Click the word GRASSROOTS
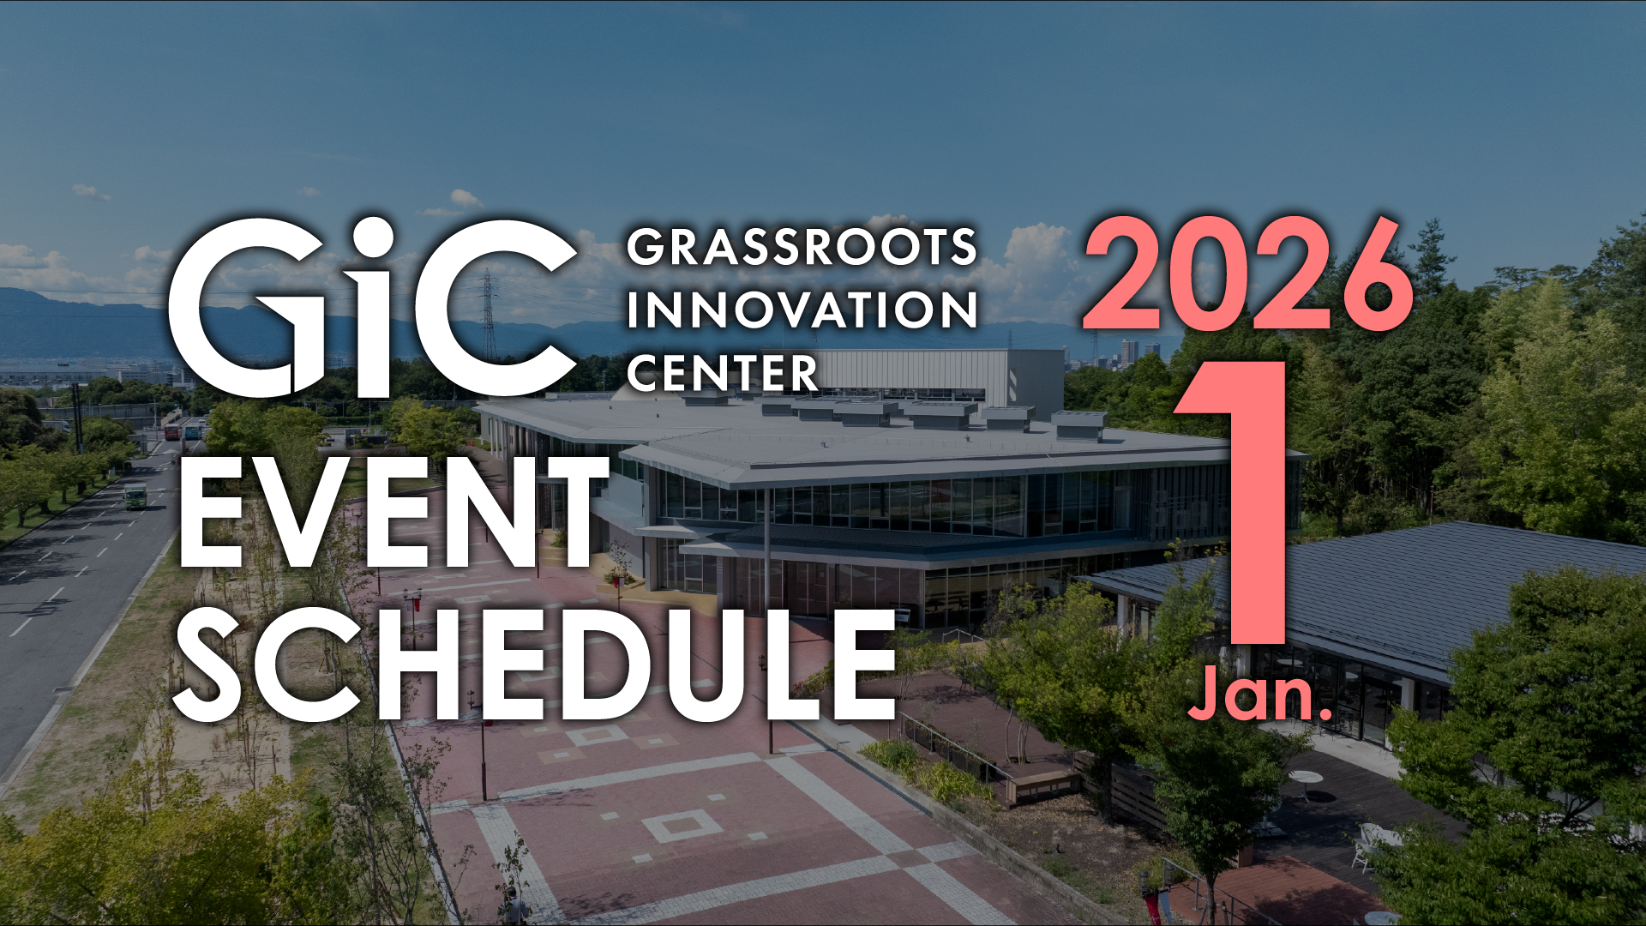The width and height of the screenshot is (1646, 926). (802, 247)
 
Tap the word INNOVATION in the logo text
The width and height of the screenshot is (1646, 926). (802, 310)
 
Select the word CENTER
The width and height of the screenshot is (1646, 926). (723, 373)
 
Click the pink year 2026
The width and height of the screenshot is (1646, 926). (1248, 274)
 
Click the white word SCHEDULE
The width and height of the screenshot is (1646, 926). (536, 665)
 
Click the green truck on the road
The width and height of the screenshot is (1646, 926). (135, 496)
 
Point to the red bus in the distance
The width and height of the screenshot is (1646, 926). (172, 432)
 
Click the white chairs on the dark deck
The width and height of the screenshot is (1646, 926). (1370, 845)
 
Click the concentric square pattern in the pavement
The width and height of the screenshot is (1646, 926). (682, 826)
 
